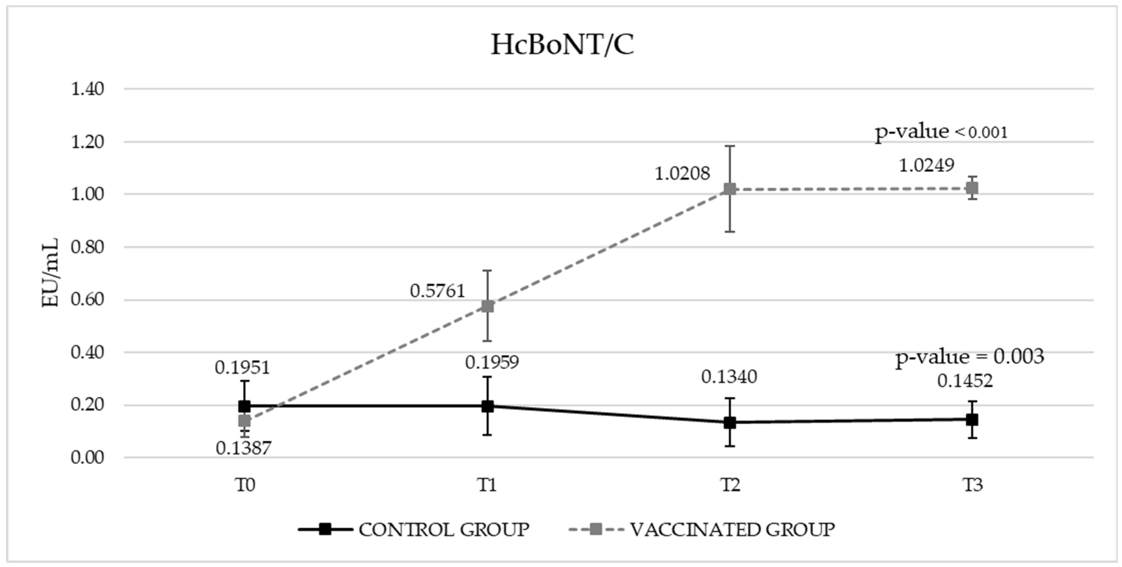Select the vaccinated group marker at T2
coord(730,189)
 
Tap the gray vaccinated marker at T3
coord(972,188)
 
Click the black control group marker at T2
coord(730,422)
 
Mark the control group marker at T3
coord(972,420)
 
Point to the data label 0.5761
coord(437,291)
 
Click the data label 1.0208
coord(682,174)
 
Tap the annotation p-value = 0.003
coord(970,357)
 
